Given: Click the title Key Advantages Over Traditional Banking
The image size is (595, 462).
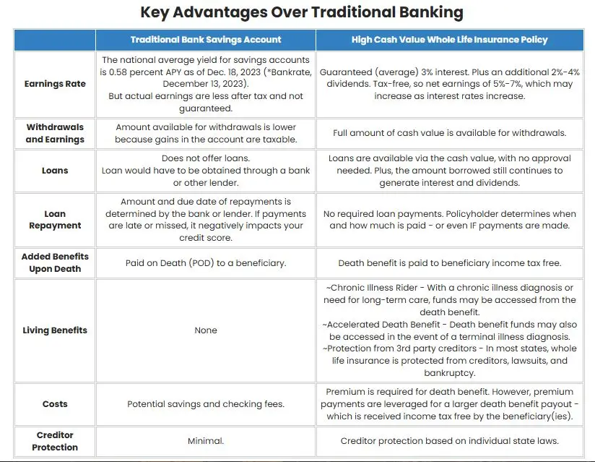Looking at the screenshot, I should pos(301,13).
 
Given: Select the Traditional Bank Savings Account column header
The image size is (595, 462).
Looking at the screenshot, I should pos(206,40).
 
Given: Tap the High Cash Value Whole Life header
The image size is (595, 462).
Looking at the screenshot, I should pos(449,40).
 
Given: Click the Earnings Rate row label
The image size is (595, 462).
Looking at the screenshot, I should pos(55,84).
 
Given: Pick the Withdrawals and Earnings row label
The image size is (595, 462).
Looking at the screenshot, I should pos(55,133).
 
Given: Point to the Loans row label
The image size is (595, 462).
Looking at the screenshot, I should pos(55,171).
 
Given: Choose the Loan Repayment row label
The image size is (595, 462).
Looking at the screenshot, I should pos(55,220).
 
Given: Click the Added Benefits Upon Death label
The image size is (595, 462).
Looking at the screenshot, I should pos(55,262).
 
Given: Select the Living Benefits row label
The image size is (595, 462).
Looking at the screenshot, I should pos(55,330).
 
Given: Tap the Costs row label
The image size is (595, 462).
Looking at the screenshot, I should pos(55,404).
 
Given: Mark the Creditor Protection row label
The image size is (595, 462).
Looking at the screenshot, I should pos(55,441).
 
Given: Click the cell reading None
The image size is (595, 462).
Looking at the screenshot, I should pos(206,330).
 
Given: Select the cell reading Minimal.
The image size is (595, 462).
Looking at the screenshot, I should pos(206,441).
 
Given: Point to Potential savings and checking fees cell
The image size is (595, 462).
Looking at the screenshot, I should pos(206,404).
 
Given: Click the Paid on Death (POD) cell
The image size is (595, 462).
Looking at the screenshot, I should pos(206,263).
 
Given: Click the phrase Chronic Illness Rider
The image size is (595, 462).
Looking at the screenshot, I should pos(375,288).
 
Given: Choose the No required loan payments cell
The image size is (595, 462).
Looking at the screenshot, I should pos(449,220).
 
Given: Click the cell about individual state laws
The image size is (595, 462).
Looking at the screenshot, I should pos(449,441).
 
